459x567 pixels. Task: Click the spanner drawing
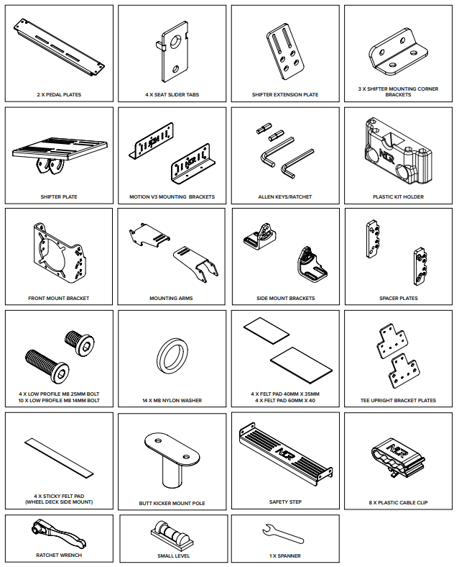tap(283, 535)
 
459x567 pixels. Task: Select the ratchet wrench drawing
tap(59, 533)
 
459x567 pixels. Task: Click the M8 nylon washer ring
tap(172, 358)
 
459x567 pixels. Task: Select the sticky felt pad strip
tap(59, 458)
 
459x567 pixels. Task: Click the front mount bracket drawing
tap(60, 254)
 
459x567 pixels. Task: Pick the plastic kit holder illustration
tap(398, 152)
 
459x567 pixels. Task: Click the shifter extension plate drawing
tap(285, 52)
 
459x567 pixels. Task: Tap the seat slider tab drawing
tap(174, 52)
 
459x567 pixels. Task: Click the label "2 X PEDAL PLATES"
tap(59, 95)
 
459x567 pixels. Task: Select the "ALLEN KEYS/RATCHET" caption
tap(285, 196)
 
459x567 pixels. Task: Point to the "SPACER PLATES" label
tap(399, 299)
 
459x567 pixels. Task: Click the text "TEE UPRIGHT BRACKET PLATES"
tap(398, 400)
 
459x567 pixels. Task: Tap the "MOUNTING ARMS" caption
tap(171, 299)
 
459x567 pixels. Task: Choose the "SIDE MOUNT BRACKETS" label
tap(285, 299)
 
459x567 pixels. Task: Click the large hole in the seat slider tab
tap(176, 42)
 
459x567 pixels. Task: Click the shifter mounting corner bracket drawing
tap(398, 54)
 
